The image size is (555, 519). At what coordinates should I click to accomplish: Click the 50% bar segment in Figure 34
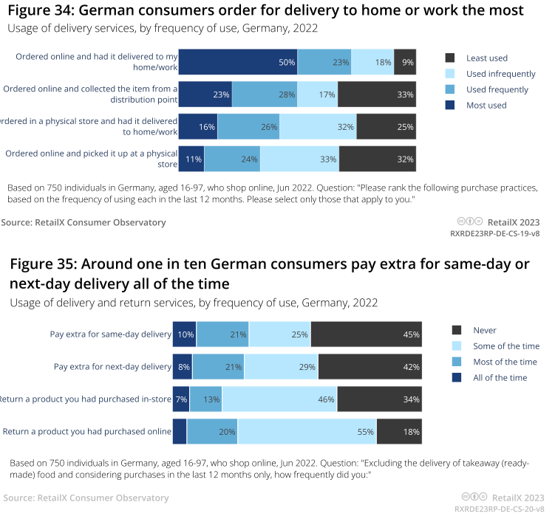click(237, 62)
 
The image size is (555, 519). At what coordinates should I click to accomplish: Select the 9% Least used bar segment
click(405, 62)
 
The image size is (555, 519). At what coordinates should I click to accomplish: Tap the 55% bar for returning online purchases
click(307, 431)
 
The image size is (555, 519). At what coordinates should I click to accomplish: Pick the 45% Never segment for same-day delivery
click(366, 334)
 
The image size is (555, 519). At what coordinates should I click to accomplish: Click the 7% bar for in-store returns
click(181, 399)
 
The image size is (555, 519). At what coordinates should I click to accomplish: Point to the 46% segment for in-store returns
click(279, 399)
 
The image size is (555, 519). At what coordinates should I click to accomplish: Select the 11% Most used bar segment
click(191, 158)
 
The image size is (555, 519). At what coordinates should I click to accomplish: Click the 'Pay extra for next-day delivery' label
click(112, 366)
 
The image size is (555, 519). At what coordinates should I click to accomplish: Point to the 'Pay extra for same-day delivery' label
click(111, 334)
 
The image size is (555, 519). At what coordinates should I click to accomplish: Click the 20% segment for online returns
click(212, 431)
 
